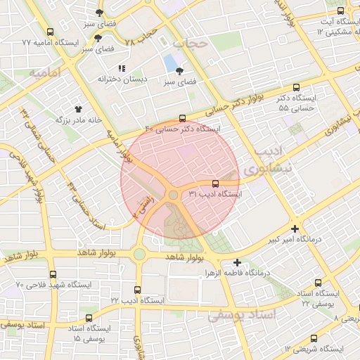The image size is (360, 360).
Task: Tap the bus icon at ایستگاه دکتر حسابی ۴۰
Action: coord(183,118)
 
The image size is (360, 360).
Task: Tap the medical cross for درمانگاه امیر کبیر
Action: coord(294,229)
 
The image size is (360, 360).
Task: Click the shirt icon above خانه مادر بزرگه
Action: coord(79,109)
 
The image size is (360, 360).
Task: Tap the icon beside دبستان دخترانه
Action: coord(122,69)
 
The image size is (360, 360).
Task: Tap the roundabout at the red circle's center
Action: coord(173,194)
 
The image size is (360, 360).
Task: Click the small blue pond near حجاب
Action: coord(171,64)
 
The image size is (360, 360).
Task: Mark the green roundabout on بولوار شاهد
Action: coord(139,254)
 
